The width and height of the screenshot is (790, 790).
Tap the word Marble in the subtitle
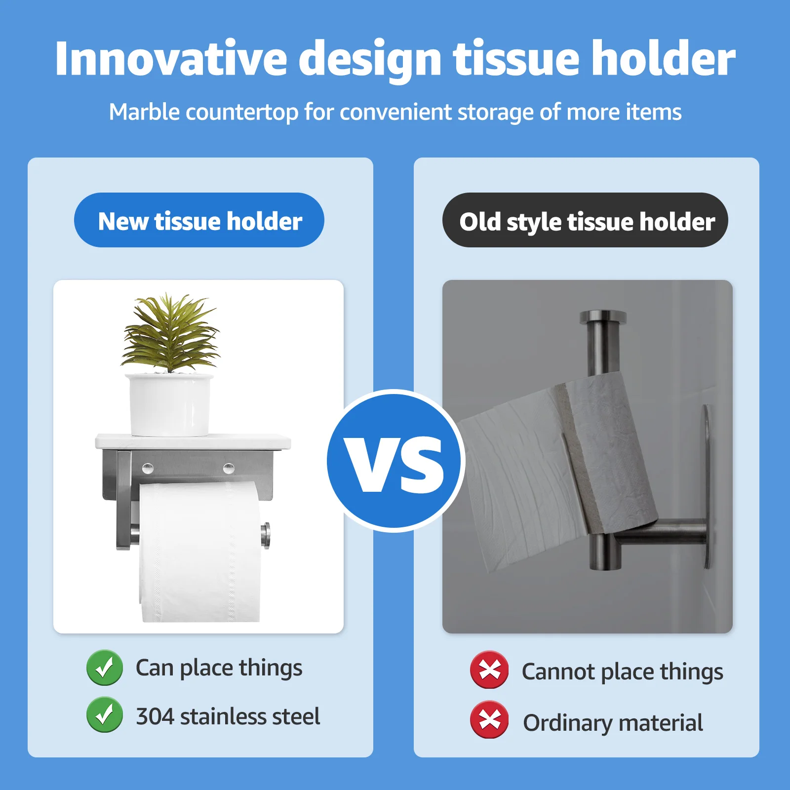coord(144,112)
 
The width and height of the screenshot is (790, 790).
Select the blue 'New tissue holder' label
coord(199,220)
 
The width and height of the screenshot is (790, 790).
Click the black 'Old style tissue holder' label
coord(585,220)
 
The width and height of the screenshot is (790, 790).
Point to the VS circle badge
coord(395,461)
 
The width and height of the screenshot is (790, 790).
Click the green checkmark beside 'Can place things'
coord(105,668)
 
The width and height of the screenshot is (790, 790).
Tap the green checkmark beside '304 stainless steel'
coord(105,714)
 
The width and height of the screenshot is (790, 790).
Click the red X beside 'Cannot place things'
coord(489,670)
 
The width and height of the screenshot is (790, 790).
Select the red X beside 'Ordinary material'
coord(489,719)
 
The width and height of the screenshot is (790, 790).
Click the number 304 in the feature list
coord(155,716)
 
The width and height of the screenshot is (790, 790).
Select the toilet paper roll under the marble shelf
coord(200,552)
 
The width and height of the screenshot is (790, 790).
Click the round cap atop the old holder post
coord(603,317)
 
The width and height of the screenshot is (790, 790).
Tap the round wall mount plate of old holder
coord(707,487)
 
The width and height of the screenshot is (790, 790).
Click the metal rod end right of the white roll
coord(265,535)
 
